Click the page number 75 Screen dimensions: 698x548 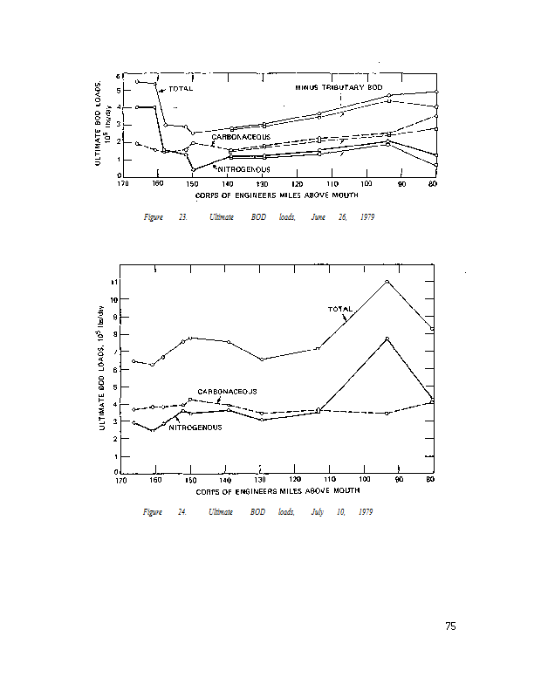click(450, 626)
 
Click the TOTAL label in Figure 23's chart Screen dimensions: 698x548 click(181, 89)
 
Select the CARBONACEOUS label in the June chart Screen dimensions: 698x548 click(241, 137)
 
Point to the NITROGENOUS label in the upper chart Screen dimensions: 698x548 click(243, 168)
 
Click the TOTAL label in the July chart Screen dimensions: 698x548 click(339, 309)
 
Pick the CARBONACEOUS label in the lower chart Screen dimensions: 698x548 click(227, 391)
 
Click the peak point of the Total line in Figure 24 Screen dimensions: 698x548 click(387, 282)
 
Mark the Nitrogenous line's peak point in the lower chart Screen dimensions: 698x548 click(387, 339)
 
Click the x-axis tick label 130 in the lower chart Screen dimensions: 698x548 click(260, 480)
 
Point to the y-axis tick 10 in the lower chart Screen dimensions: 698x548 click(114, 298)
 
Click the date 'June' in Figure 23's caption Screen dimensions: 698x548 click(318, 216)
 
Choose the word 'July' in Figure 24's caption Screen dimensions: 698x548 click(318, 511)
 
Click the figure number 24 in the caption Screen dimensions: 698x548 click(182, 511)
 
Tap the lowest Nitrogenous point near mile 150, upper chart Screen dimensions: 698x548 click(193, 168)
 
